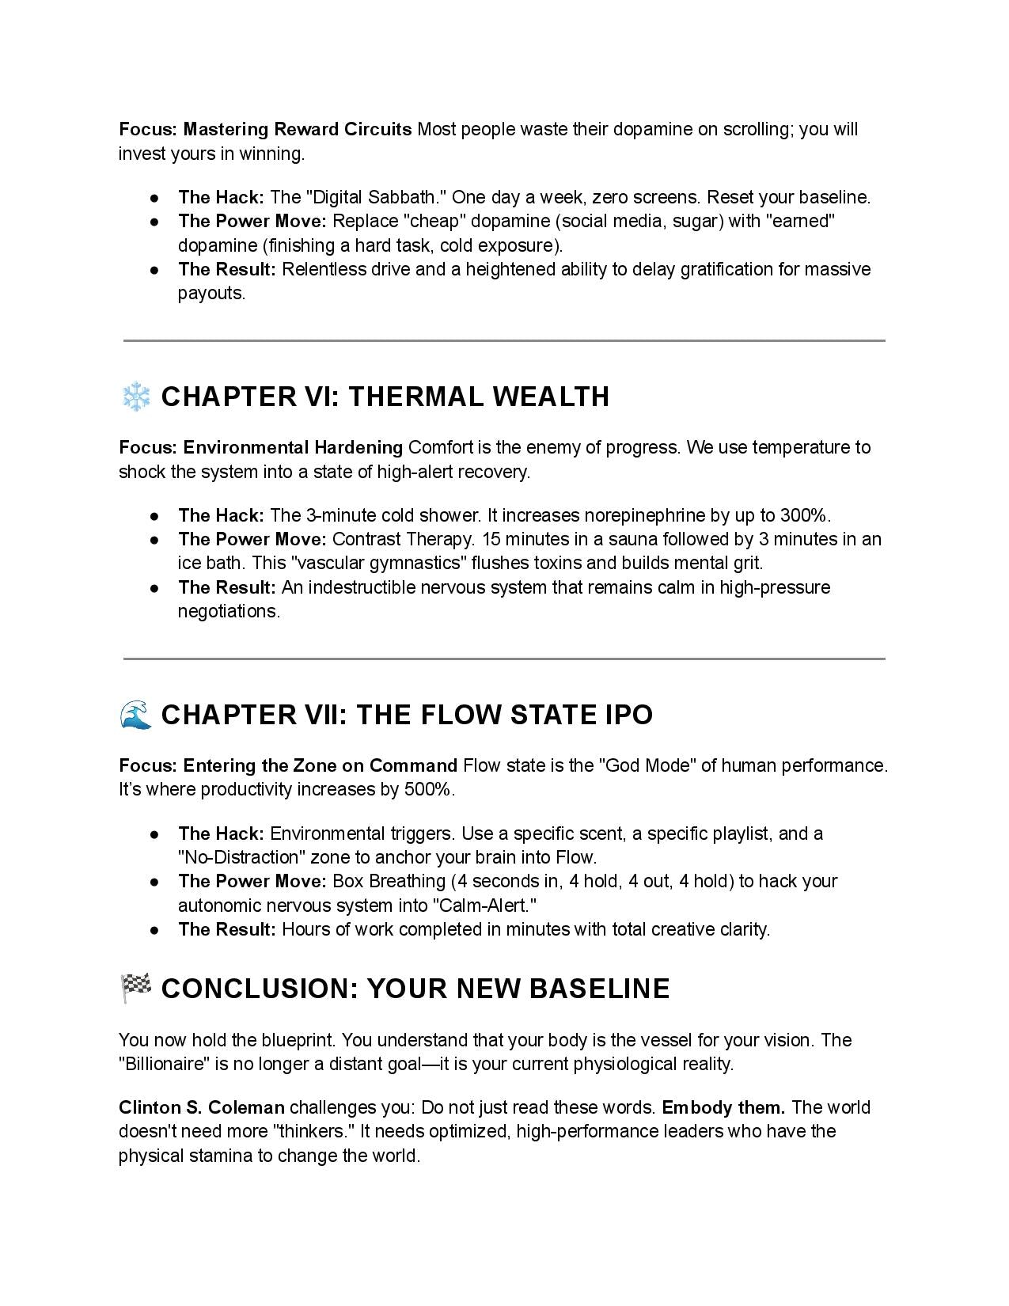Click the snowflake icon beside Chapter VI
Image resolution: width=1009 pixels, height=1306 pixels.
[x=136, y=397]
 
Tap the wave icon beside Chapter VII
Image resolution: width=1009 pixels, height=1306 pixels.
[x=135, y=715]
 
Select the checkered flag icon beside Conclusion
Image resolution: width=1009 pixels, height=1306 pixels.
[x=135, y=989]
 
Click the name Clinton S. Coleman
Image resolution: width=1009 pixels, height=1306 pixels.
[x=202, y=1107]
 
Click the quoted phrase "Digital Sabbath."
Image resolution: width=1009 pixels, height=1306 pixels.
[x=376, y=197]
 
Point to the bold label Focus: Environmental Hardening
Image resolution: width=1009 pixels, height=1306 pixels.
[x=261, y=447]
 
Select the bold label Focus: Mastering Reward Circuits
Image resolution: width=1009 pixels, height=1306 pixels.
[x=265, y=129]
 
